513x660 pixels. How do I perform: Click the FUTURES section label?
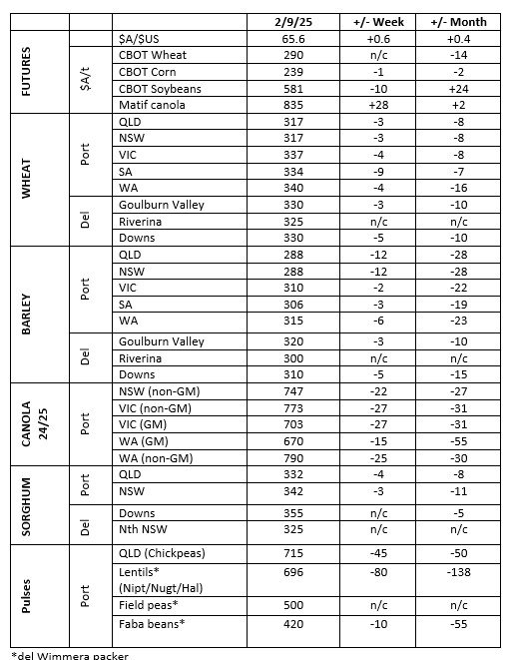pyautogui.click(x=27, y=73)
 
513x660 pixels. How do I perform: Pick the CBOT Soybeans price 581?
pyautogui.click(x=292, y=89)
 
